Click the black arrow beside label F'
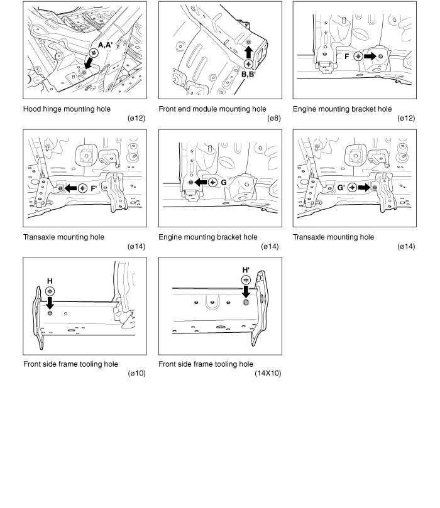[x=70, y=188]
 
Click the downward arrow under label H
[x=50, y=303]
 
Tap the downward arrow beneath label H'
[x=246, y=291]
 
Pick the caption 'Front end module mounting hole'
[x=212, y=109]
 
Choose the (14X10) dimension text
[x=268, y=374]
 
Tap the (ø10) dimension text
[x=136, y=374]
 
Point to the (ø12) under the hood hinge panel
[x=136, y=119]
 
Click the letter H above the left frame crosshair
[x=50, y=281]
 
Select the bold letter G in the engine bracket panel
[x=224, y=182]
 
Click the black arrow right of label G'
[x=365, y=188]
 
